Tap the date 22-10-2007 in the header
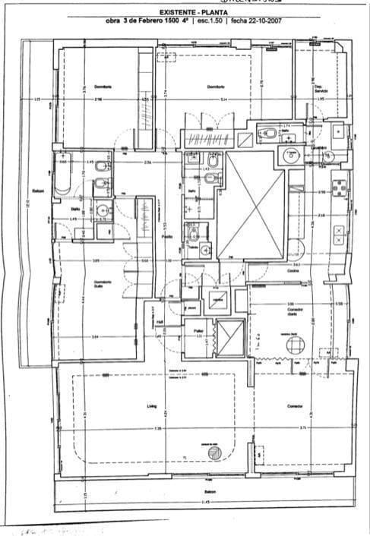point(261,22)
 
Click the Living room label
point(151,407)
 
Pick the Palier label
point(198,331)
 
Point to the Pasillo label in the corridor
point(166,236)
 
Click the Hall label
point(160,321)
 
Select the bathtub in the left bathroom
point(63,178)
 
